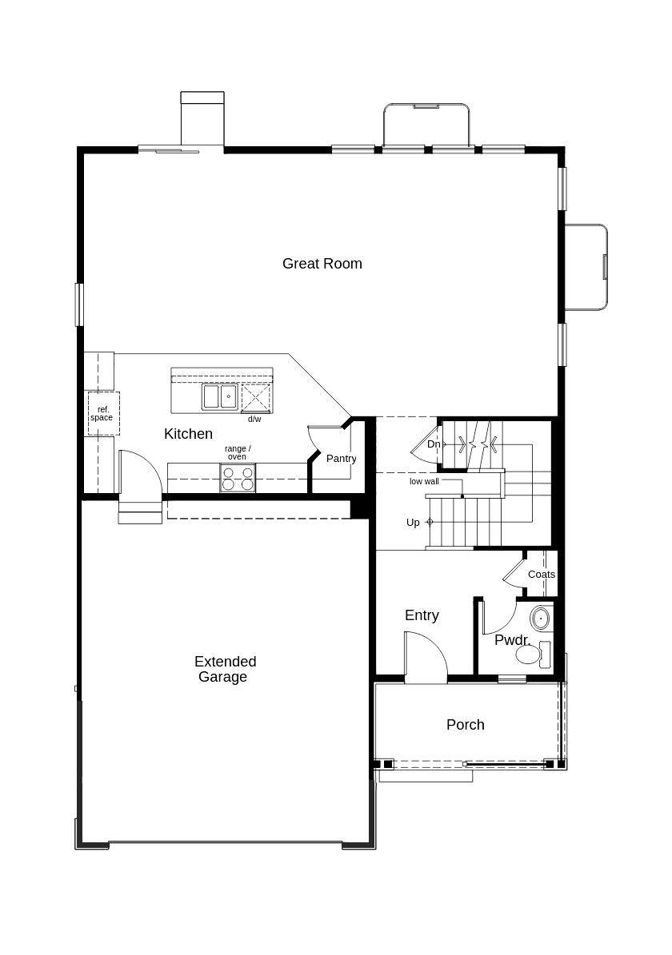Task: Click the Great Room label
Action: (322, 264)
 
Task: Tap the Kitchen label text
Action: (188, 434)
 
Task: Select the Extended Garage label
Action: (225, 669)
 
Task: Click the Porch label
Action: (465, 725)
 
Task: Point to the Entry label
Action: (422, 615)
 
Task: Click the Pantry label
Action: (341, 459)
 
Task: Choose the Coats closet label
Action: (541, 575)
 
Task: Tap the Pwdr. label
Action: (512, 640)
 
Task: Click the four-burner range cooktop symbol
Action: (238, 478)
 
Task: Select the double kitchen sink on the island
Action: (219, 396)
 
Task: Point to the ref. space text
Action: (102, 414)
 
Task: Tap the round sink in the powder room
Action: (542, 618)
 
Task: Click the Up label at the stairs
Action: (413, 523)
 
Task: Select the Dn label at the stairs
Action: (433, 444)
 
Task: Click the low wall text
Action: (423, 482)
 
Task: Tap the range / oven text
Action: (237, 452)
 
